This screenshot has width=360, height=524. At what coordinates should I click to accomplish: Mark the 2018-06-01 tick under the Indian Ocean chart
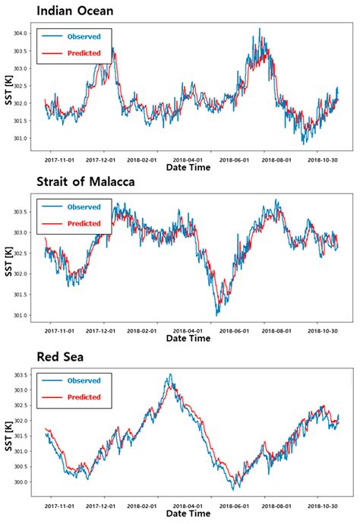[x=235, y=160]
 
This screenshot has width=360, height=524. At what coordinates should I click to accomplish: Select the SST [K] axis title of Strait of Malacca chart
[x=10, y=257]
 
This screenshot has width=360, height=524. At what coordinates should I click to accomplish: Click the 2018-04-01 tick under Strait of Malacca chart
[x=188, y=331]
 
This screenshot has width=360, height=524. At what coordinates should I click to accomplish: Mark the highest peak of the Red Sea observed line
[x=170, y=374]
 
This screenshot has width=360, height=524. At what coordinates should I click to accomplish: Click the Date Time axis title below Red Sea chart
[x=188, y=513]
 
